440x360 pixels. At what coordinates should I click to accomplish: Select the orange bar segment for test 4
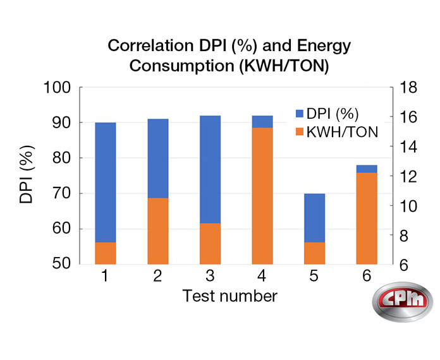(x=262, y=196)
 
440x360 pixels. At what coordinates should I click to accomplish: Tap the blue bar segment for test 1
(x=106, y=182)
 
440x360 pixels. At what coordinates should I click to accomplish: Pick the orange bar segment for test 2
(x=158, y=231)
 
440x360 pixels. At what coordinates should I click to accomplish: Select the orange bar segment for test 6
(x=367, y=218)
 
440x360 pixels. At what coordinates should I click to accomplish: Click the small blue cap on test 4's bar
(x=262, y=121)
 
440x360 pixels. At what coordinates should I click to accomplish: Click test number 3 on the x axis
(x=211, y=277)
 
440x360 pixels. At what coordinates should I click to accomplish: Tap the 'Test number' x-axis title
(x=229, y=296)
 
